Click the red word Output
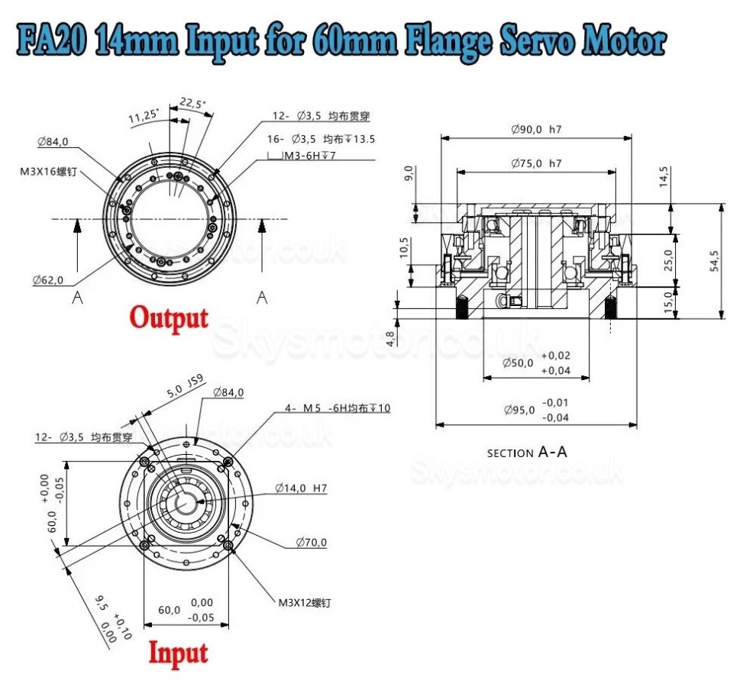pos(168,317)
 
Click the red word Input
pos(177,654)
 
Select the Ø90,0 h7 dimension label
pos(536,129)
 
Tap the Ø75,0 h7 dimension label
pos(536,163)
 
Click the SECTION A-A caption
pos(527,453)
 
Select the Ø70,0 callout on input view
pos(311,543)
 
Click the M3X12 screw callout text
pos(304,602)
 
